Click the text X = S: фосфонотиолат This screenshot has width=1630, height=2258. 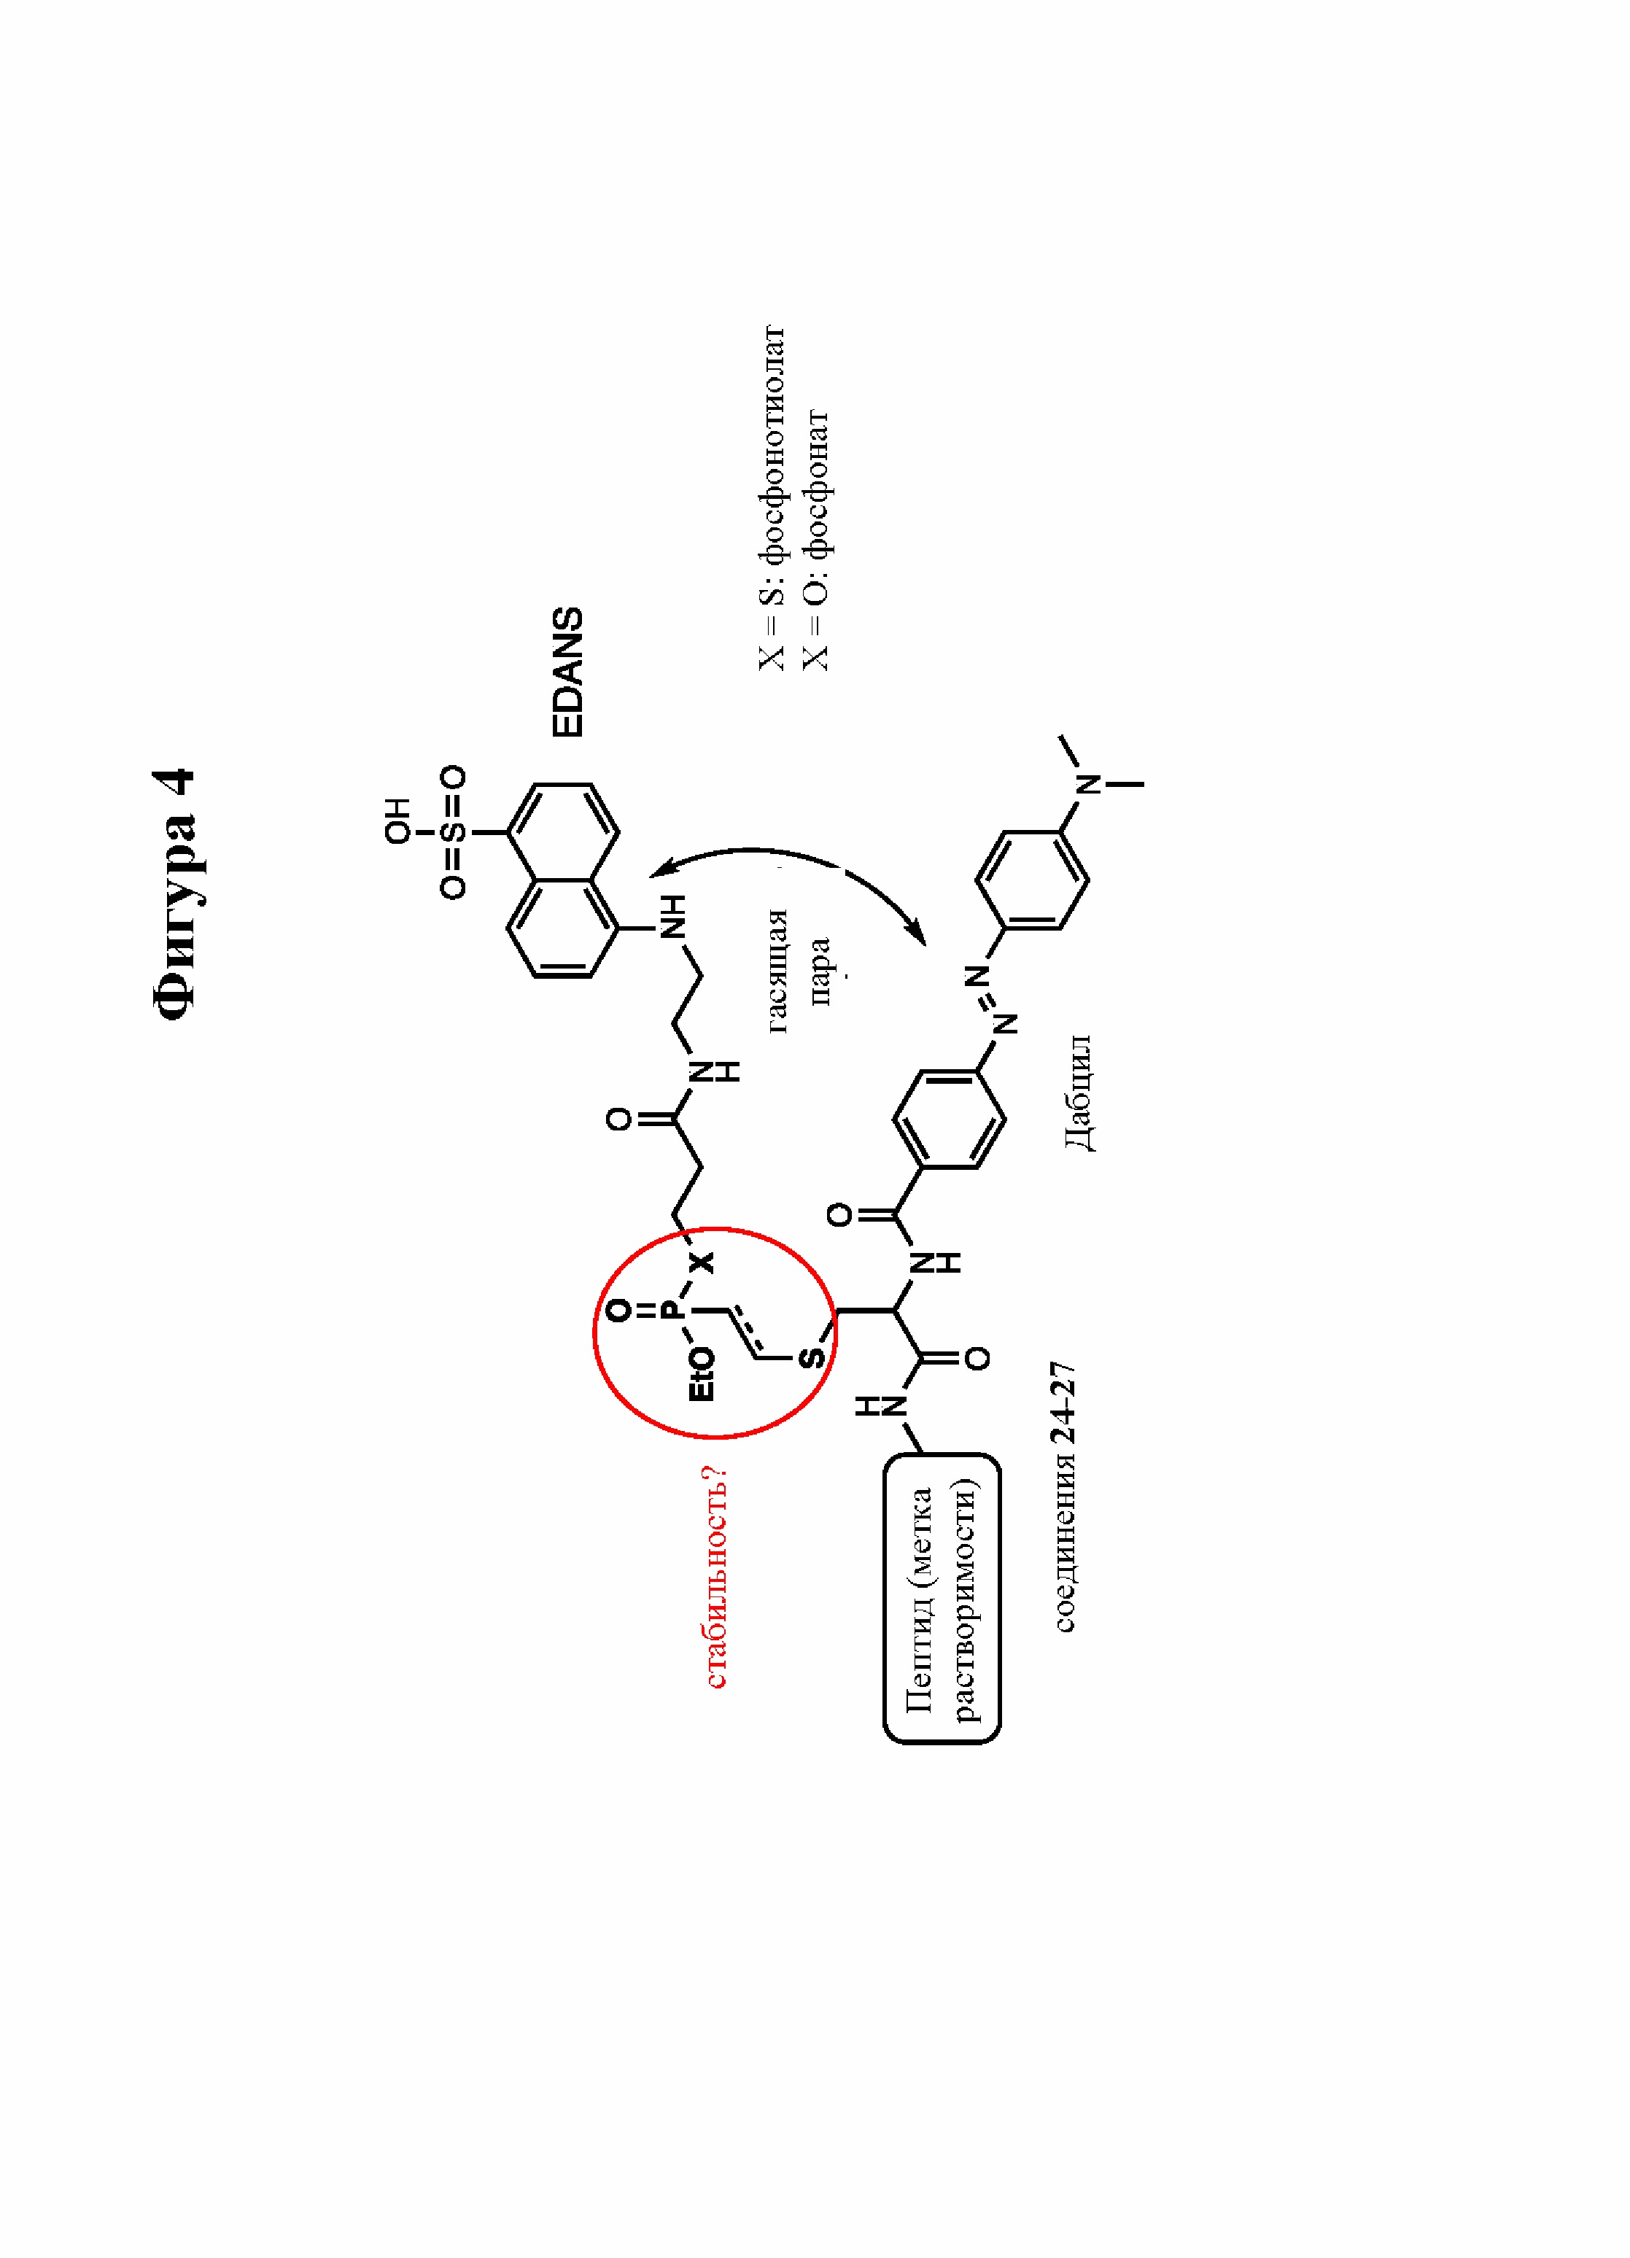772,498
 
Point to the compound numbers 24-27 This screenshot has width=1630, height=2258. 1065,1402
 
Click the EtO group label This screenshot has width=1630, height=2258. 702,1374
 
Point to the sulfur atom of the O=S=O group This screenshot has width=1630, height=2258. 453,831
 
